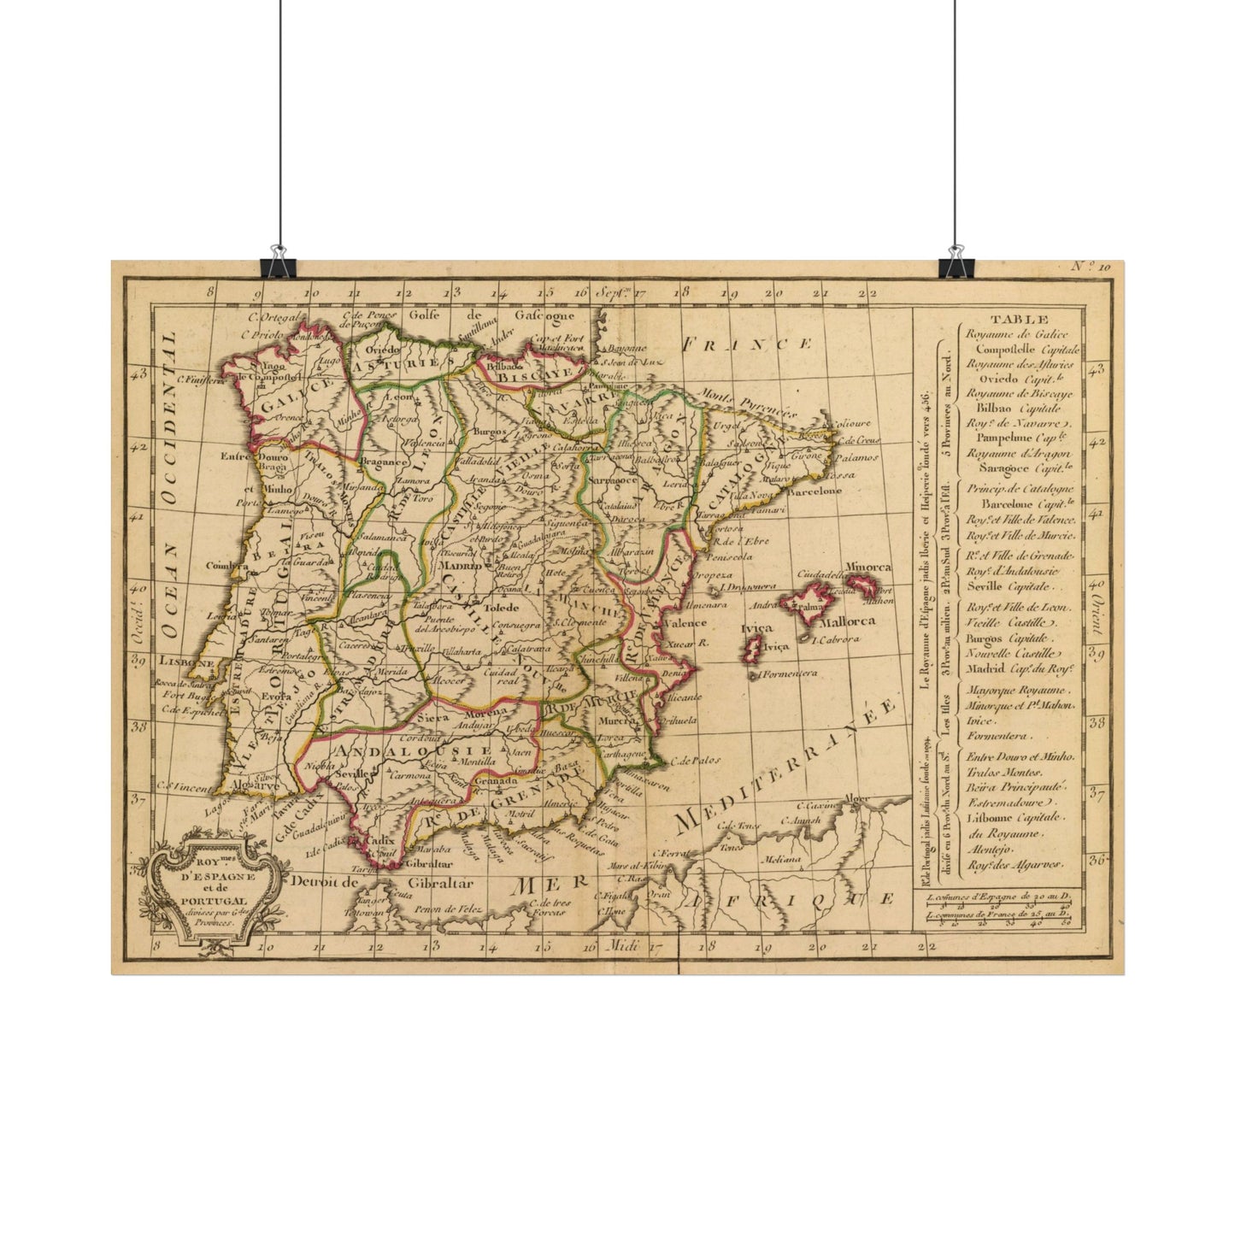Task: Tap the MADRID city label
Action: pyautogui.click(x=460, y=565)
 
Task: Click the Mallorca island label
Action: pyautogui.click(x=844, y=620)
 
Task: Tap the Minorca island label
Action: pyautogui.click(x=867, y=568)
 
